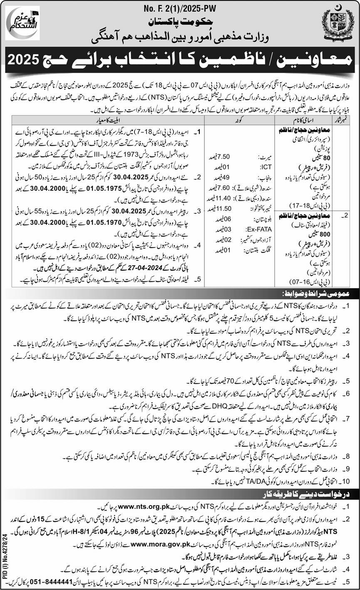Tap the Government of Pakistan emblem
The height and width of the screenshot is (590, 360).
click(x=337, y=25)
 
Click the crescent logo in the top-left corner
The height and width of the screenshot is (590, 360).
click(x=23, y=25)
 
